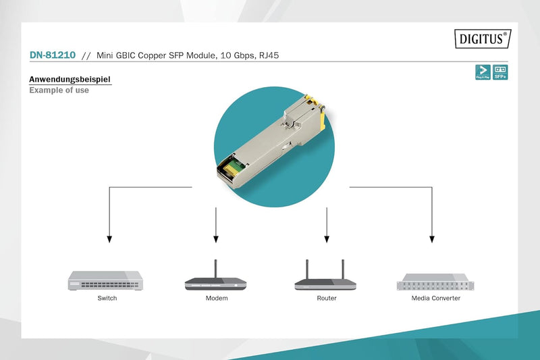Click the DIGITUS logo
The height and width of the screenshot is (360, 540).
[483, 38]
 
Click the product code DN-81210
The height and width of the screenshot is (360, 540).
[52, 55]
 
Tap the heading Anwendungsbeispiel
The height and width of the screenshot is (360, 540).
[70, 80]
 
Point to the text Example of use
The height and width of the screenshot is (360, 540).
[59, 91]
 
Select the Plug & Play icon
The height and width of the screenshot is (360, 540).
[483, 72]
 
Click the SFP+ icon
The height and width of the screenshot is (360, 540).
[501, 72]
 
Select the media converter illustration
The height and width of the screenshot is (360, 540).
[431, 281]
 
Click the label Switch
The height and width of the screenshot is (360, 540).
[107, 298]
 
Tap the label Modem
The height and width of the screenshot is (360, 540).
[217, 298]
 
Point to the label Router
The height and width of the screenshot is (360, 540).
[327, 298]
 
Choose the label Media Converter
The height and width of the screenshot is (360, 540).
[436, 298]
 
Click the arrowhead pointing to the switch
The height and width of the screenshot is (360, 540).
[109, 239]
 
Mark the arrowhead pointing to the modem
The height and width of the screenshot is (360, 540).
[216, 239]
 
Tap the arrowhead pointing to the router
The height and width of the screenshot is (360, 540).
[327, 239]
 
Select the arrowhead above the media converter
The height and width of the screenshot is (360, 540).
[432, 239]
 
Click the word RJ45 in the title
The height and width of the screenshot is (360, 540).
[267, 55]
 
